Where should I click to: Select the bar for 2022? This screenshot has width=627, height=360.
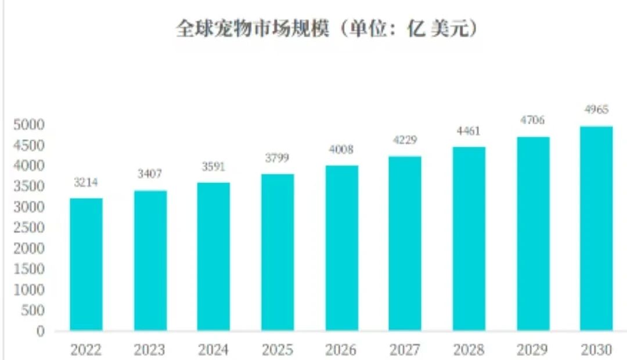pos(86,264)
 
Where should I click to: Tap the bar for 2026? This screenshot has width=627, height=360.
pos(341,248)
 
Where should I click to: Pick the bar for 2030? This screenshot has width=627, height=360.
pos(596,228)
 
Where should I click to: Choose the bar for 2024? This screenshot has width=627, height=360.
pos(214,257)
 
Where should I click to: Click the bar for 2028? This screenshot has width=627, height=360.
pos(469,239)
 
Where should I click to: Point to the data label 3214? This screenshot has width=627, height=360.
pos(86,182)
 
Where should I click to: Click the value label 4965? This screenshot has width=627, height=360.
pos(596,110)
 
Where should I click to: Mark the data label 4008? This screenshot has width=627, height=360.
pos(341,150)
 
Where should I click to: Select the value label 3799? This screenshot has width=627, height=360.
pos(278,158)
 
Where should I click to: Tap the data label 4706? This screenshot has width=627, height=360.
pos(532,121)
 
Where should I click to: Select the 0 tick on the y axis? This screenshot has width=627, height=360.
pos(40,331)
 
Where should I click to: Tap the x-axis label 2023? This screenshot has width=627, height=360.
pos(150,350)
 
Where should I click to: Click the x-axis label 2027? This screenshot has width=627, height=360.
pos(405,350)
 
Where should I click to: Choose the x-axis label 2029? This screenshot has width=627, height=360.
pos(532,350)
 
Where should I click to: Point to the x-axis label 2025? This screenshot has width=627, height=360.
pos(278,350)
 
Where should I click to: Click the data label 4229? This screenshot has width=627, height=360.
pos(405,141)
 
